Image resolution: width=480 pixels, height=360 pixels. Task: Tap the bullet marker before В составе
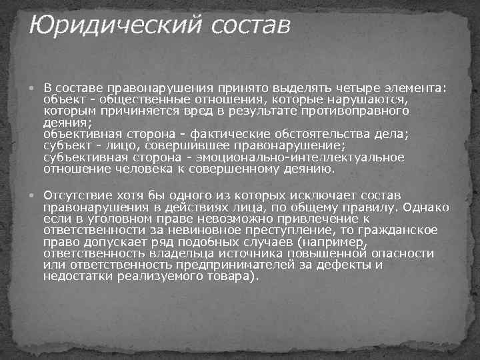[x=35, y=87]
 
